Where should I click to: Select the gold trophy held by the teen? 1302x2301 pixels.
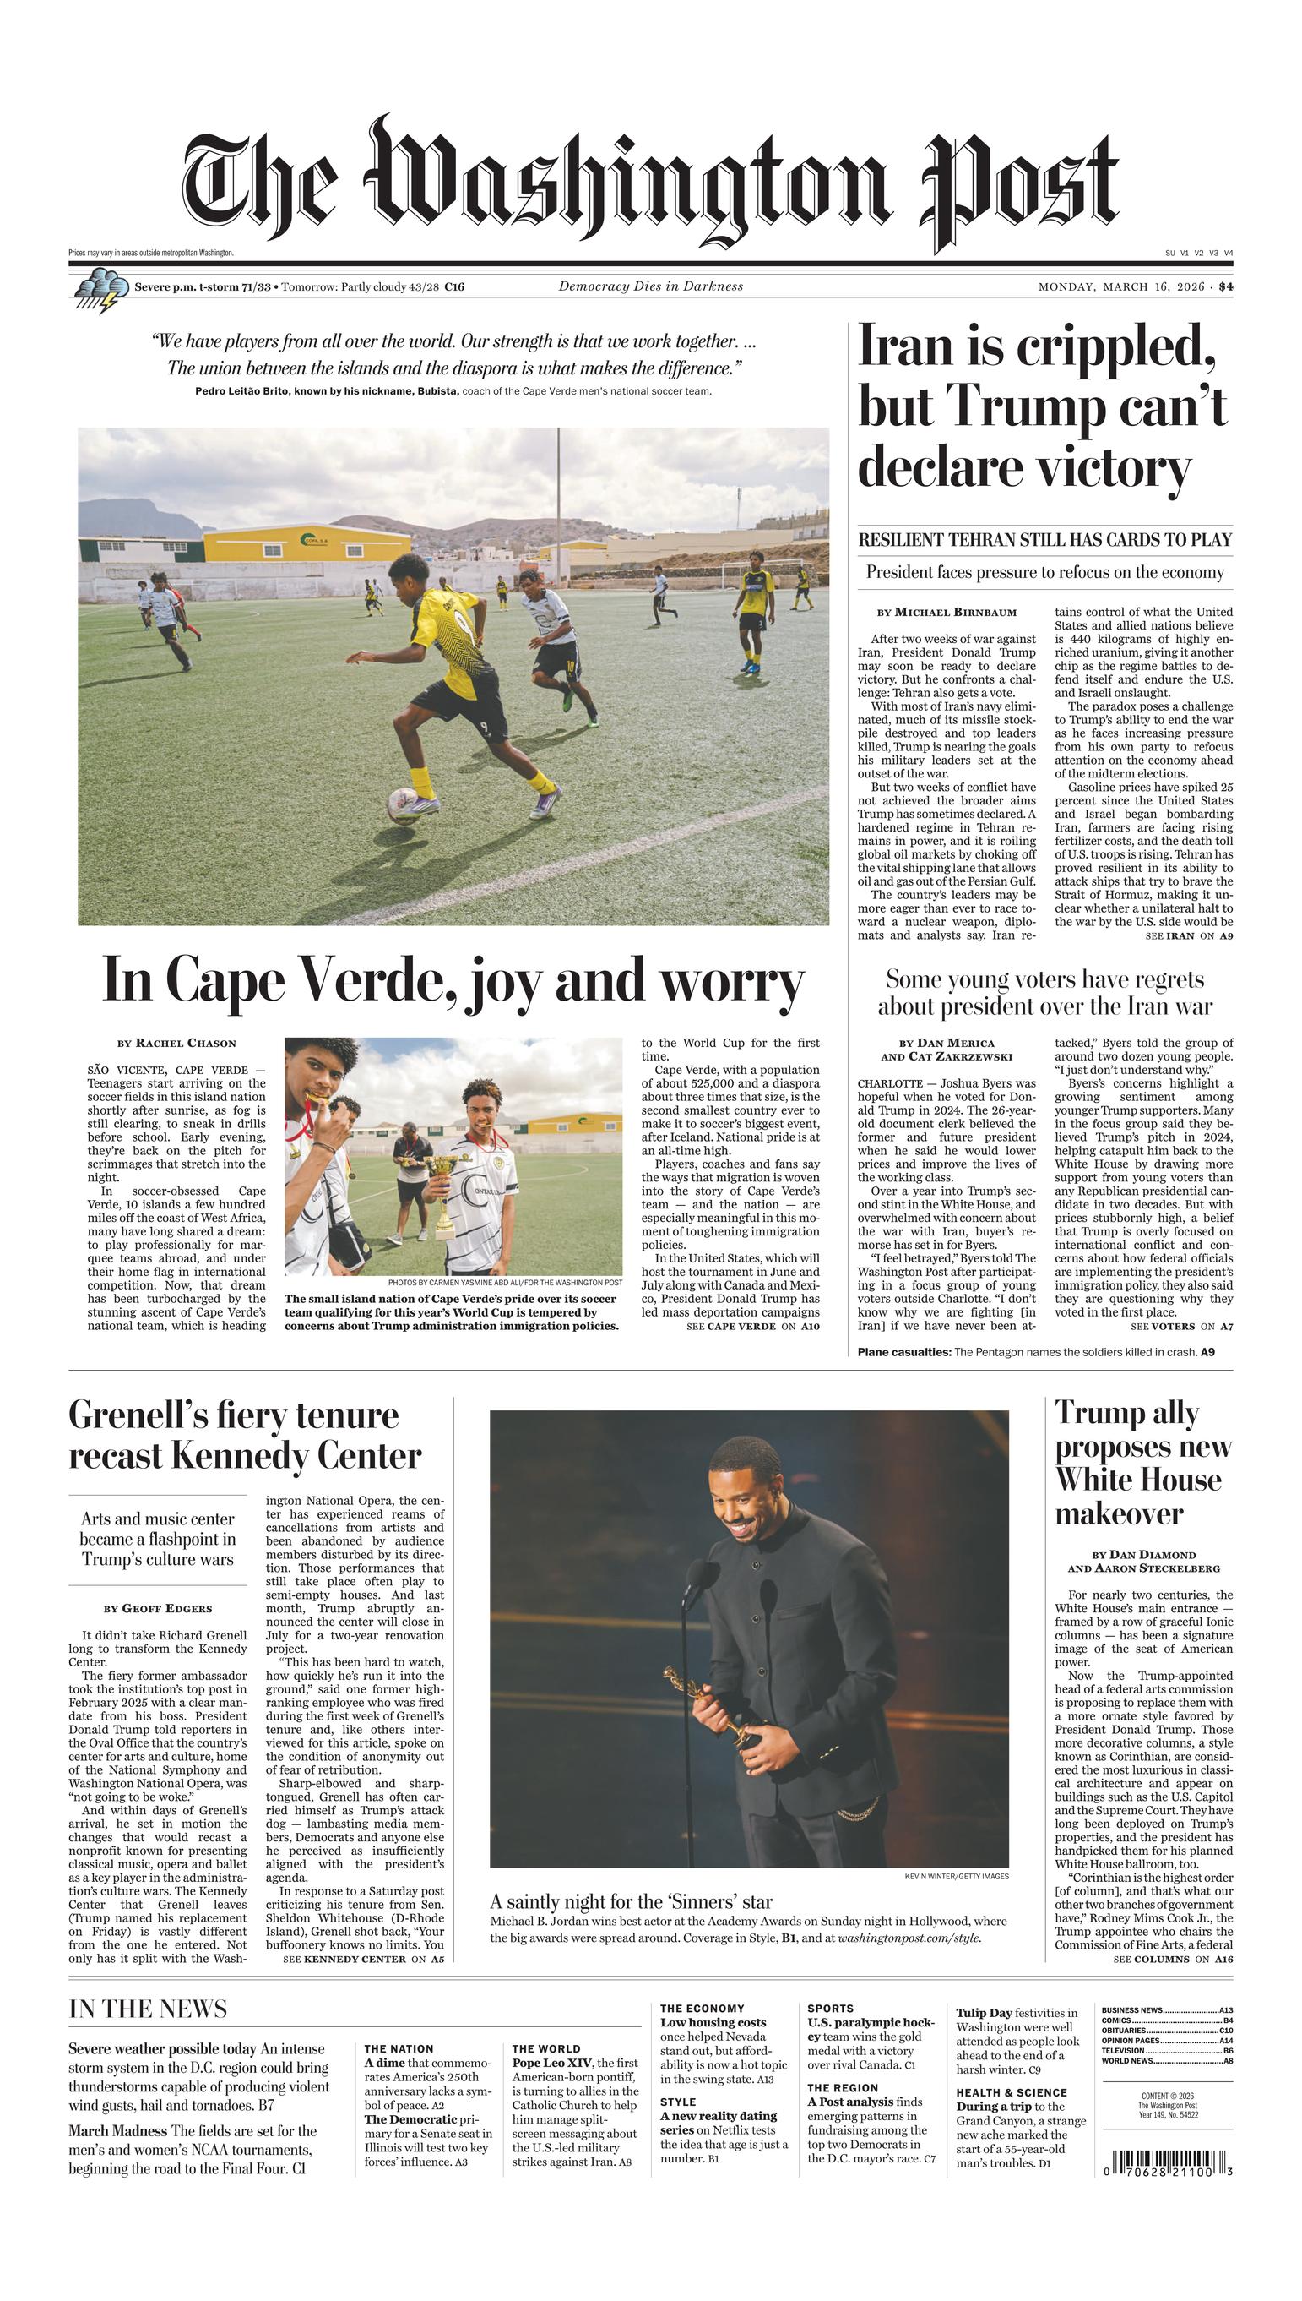click(x=442, y=1193)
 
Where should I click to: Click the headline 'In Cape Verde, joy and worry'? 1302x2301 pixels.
click(x=453, y=980)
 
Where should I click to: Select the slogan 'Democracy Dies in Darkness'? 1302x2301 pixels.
click(x=650, y=286)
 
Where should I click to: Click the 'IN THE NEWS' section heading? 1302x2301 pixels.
click(x=148, y=2009)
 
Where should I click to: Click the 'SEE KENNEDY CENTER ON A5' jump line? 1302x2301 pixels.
click(x=363, y=1959)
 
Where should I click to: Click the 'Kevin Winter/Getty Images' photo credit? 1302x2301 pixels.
click(x=956, y=1876)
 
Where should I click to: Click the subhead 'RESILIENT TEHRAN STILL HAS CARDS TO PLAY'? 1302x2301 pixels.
click(x=1044, y=539)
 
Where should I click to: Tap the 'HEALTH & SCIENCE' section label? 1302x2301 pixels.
click(x=1011, y=2092)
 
